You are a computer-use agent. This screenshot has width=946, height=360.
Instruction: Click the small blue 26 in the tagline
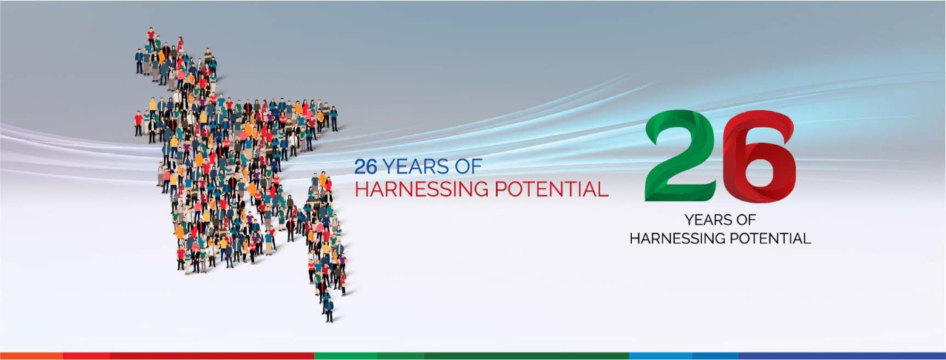(x=365, y=166)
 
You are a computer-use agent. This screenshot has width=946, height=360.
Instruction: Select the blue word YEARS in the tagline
(x=415, y=166)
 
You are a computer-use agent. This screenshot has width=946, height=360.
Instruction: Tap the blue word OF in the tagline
(x=469, y=166)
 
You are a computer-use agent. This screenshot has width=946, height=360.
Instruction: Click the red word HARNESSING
(x=421, y=189)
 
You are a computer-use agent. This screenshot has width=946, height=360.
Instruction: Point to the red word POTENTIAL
(x=551, y=189)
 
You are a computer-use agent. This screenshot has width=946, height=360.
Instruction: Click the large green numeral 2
(x=680, y=155)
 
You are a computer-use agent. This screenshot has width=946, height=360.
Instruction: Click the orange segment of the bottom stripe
(x=32, y=356)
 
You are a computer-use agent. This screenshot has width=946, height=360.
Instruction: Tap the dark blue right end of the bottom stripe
(x=842, y=356)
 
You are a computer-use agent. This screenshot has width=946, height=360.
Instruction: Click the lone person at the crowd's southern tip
(x=329, y=310)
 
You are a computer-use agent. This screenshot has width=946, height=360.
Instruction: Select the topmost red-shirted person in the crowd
(x=151, y=35)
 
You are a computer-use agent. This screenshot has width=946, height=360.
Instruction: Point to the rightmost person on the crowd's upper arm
(x=333, y=118)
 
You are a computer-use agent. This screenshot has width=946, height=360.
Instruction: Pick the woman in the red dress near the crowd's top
(x=180, y=45)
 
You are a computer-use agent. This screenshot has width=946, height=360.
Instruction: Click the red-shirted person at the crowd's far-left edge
(x=138, y=123)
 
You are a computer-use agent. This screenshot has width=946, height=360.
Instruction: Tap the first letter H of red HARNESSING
(x=361, y=189)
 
